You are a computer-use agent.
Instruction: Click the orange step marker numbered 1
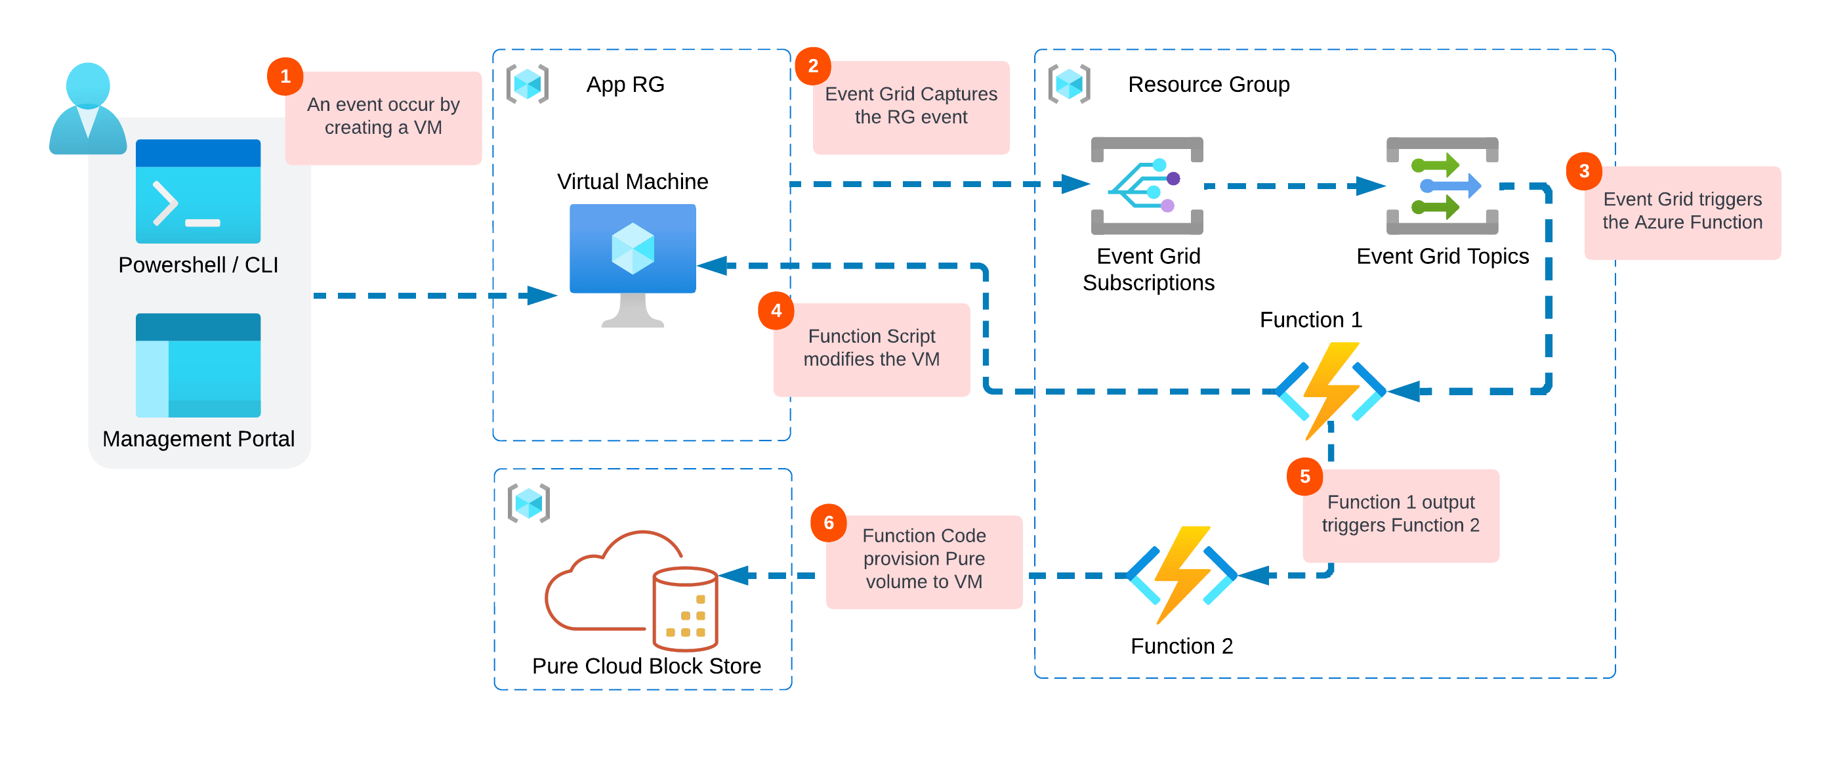click(x=285, y=76)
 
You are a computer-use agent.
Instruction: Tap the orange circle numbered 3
click(x=1584, y=171)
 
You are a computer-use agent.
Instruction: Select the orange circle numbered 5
click(x=1304, y=476)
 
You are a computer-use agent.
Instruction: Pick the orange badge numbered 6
click(x=829, y=523)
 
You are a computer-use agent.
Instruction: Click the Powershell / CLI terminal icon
click(x=198, y=190)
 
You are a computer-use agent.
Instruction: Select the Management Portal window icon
click(x=198, y=365)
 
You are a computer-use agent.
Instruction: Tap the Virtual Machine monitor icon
click(x=633, y=263)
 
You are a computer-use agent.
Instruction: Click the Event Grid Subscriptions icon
click(x=1146, y=186)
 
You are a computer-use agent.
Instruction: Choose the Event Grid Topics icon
click(x=1442, y=186)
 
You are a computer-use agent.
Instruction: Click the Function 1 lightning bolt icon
click(x=1330, y=390)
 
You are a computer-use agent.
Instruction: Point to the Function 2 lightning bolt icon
click(x=1181, y=574)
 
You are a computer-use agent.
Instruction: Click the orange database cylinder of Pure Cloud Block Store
click(x=685, y=609)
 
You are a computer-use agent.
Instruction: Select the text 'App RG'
click(x=625, y=85)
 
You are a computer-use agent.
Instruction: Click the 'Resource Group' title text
click(x=1208, y=85)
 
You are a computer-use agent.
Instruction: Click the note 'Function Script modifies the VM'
click(x=871, y=348)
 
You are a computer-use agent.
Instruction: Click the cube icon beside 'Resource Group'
click(x=1069, y=85)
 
